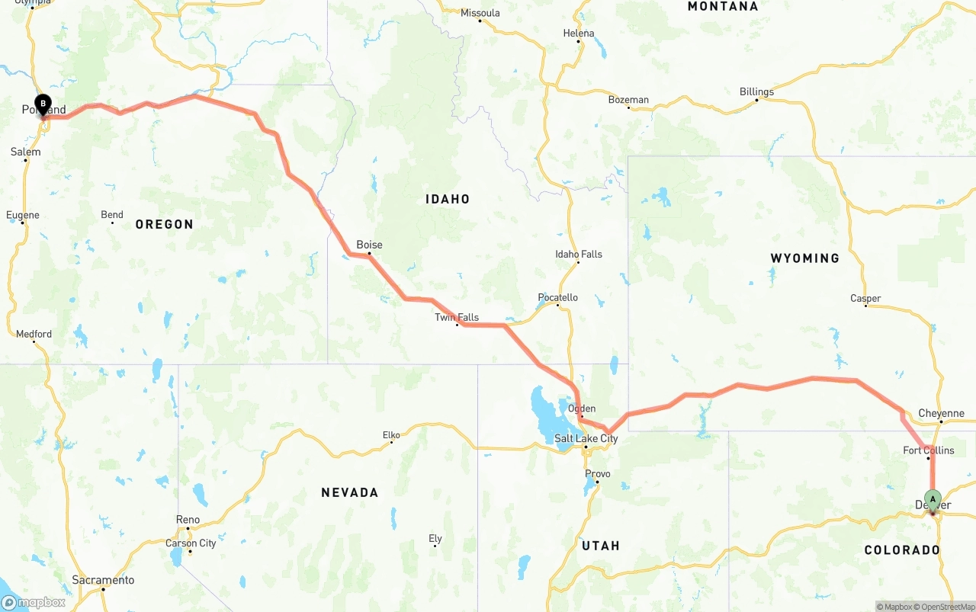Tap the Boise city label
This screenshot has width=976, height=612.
coord(369,245)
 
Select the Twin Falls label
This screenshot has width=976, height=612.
coord(457,317)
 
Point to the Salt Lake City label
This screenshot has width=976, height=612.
coord(586,438)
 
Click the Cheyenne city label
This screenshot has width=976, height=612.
coord(941,413)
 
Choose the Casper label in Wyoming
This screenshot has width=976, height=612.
coord(865,298)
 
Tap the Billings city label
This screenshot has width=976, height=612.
coord(756,91)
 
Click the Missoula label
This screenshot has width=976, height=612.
coord(480,13)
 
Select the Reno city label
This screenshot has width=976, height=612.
coord(188,520)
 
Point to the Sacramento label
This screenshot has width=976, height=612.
coord(103,580)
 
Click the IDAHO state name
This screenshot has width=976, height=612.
coord(448,199)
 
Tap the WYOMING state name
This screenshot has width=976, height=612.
coord(804,258)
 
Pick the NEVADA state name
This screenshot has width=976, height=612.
coord(349,492)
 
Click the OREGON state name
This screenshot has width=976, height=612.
coord(164,224)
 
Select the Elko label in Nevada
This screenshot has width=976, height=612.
coord(391,435)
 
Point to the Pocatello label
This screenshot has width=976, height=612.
coord(558,297)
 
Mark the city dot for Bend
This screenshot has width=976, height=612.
coord(112,223)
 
